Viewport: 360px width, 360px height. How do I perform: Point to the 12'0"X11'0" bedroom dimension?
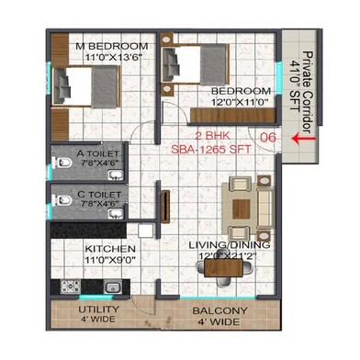[x=241, y=104]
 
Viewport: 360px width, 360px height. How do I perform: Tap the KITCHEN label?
[x=111, y=249]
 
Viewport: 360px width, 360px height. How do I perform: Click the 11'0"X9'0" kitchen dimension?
[x=111, y=260]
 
